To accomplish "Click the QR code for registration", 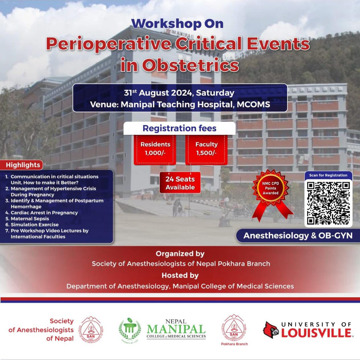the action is click(x=328, y=203).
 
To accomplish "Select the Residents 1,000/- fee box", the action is click(x=155, y=150).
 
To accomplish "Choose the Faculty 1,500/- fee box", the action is click(x=206, y=150).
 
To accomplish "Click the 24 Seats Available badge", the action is click(x=180, y=183).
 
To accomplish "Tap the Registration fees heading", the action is click(x=179, y=128).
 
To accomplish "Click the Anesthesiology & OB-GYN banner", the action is click(x=298, y=236).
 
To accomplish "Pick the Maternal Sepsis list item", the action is click(x=27, y=218).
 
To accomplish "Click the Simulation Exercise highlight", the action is click(x=32, y=224).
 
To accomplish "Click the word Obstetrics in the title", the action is click(x=190, y=65).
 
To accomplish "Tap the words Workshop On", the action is click(x=177, y=24).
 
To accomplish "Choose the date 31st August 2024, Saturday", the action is click(x=179, y=93).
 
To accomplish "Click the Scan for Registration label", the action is click(x=328, y=175).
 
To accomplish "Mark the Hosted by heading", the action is click(x=180, y=275).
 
